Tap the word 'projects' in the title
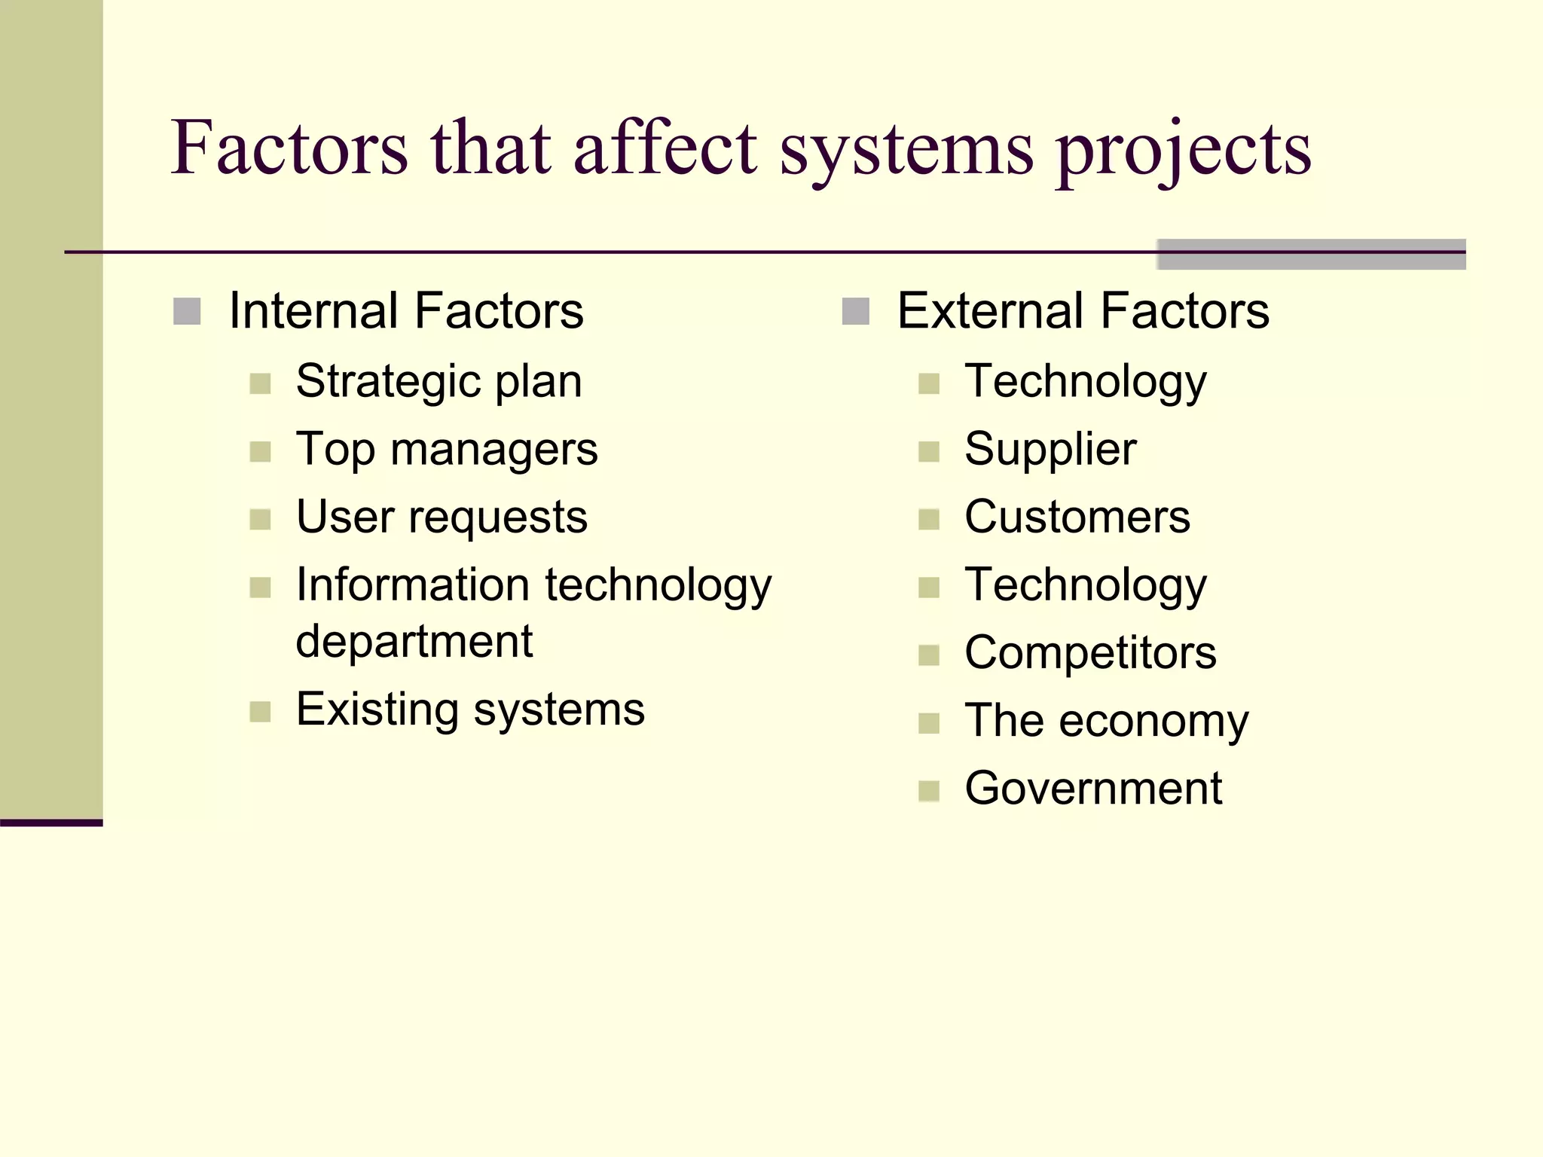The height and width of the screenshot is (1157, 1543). [x=1183, y=151]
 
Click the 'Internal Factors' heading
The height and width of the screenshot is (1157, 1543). [x=405, y=311]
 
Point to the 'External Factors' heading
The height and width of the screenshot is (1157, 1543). [x=1083, y=311]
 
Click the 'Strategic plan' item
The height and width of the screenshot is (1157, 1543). [x=438, y=382]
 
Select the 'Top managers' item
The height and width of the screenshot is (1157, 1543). [x=447, y=450]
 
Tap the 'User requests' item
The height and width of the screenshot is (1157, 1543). [x=442, y=517]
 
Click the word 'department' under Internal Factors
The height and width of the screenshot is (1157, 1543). [x=414, y=642]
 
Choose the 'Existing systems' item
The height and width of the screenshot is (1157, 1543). [x=470, y=710]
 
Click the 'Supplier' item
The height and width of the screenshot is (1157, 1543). [x=1050, y=450]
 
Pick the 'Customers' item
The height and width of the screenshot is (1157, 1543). [x=1077, y=517]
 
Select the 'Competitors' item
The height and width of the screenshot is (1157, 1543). [x=1090, y=653]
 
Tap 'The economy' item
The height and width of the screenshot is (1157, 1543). [x=1106, y=721]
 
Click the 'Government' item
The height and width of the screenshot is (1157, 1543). [x=1093, y=789]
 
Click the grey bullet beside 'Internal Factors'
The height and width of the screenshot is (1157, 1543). [x=187, y=311]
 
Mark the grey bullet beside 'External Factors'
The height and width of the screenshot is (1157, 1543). [x=855, y=311]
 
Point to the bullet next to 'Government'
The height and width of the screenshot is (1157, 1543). [x=929, y=791]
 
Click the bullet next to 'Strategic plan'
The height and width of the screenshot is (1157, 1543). [x=260, y=384]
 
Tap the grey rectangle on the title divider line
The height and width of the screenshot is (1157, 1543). [x=1311, y=254]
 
